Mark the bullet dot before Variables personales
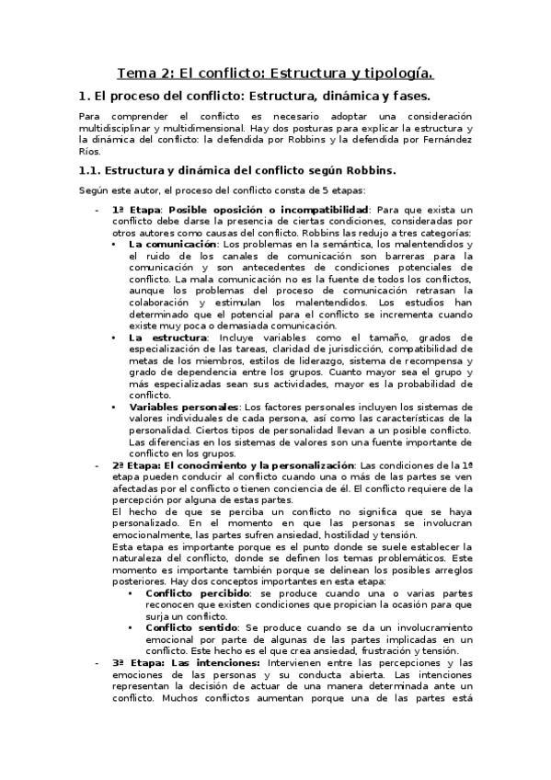[113, 407]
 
